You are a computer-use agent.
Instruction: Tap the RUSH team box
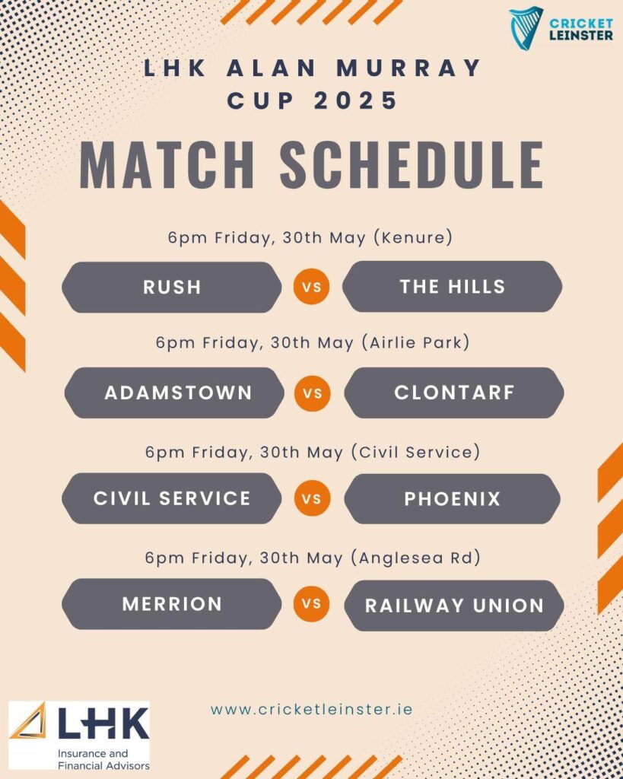[172, 287]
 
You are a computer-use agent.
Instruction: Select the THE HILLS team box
[452, 287]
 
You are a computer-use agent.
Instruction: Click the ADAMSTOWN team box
[174, 393]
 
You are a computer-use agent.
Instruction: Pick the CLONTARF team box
[454, 393]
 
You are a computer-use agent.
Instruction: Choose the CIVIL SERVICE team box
[172, 498]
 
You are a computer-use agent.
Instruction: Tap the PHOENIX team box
[452, 499]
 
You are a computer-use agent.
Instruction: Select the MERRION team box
[172, 604]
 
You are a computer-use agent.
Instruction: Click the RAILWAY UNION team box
[454, 606]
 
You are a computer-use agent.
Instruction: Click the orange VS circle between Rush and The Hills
[312, 287]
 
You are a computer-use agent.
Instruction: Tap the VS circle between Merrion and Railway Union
[312, 603]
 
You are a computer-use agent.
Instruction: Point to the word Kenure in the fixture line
[413, 237]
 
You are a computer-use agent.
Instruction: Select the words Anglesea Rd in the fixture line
[415, 558]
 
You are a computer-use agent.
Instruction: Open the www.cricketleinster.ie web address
[312, 709]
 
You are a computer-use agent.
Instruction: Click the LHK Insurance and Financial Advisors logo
[79, 736]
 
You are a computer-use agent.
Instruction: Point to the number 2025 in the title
[356, 100]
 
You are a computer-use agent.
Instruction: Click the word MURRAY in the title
[408, 68]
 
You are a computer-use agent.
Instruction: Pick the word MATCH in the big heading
[167, 164]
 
